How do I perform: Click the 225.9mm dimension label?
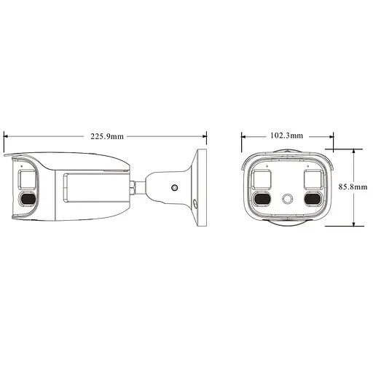(x=106, y=136)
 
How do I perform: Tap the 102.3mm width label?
(x=287, y=136)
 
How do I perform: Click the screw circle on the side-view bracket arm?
(x=174, y=187)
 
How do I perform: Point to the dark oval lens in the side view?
(x=28, y=200)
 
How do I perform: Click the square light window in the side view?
(x=27, y=179)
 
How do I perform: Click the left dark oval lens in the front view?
(x=261, y=199)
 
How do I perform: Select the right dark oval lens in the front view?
(x=313, y=199)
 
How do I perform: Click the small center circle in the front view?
(x=287, y=199)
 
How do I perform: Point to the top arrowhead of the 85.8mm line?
(x=353, y=152)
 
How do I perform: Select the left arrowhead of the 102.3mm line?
(x=243, y=136)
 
